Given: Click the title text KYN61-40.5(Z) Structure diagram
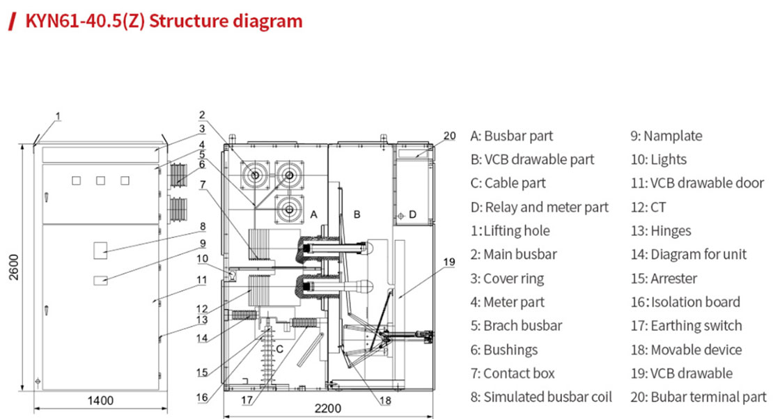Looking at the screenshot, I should point(164,21).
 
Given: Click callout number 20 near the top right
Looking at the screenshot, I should point(449,136).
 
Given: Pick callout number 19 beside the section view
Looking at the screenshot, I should point(449,262).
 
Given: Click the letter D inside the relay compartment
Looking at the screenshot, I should point(412,214).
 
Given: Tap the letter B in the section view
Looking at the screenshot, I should point(357,214).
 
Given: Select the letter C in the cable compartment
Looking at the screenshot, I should point(279,349).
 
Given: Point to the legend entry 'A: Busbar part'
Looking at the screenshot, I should point(512,136).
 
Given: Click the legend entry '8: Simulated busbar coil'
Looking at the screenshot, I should point(541,397).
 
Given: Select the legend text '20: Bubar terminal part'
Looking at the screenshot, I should point(698,397).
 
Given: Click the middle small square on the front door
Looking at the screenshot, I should point(101,181).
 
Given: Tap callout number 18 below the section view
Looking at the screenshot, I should point(386,400).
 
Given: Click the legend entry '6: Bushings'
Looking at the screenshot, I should point(510,349).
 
